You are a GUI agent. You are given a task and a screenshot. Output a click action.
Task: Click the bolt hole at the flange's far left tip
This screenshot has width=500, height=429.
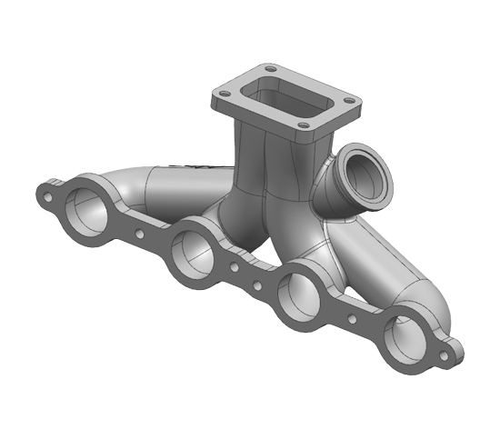click(x=42, y=193)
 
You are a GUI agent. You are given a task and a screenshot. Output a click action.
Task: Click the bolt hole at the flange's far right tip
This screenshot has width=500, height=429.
click(x=445, y=355)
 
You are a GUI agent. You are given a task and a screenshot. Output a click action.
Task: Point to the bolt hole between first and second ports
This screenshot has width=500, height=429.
click(x=138, y=233)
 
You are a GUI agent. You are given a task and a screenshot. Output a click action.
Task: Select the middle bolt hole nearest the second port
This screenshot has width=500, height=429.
click(x=235, y=270)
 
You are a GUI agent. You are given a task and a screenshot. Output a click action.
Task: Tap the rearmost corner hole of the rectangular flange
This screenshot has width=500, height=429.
click(x=268, y=69)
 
